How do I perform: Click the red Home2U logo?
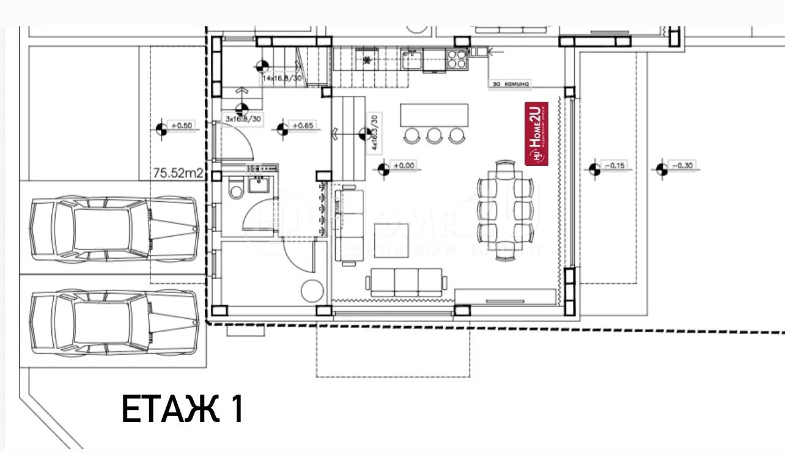coord(537,133)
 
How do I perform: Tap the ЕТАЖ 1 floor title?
coord(182,409)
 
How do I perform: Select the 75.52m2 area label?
coord(178,174)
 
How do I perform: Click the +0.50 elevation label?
coord(182,126)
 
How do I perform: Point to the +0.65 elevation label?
coord(303,126)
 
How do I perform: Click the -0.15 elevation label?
coord(614,166)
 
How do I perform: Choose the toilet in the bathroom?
coord(235,188)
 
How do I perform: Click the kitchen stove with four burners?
coord(457,59)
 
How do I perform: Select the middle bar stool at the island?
coord(434,135)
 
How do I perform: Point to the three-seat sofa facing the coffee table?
coord(404,282)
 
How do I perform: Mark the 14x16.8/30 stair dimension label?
coord(282,79)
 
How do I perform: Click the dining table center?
coord(503,210)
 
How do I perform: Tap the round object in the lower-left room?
coord(312,290)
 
